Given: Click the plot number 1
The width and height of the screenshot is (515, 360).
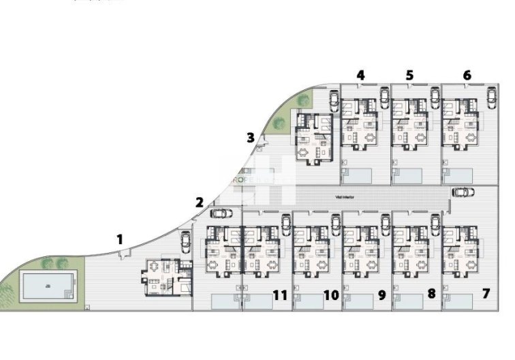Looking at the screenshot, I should (x=120, y=239).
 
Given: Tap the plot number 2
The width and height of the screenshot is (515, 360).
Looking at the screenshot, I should (x=199, y=202).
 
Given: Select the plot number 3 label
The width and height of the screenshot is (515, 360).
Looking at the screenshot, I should (x=251, y=138).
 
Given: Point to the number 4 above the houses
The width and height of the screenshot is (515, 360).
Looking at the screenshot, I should (x=360, y=75).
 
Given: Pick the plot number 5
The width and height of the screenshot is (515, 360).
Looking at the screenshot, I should (x=409, y=75).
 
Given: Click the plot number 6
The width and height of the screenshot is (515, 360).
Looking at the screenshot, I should (x=467, y=75).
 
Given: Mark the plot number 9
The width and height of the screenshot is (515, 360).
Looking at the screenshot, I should (x=381, y=295).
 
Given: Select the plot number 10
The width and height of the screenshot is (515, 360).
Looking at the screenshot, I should (x=331, y=295).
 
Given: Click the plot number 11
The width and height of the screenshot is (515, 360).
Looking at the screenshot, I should (x=279, y=295).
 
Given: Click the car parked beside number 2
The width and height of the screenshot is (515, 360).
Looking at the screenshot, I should (x=222, y=213).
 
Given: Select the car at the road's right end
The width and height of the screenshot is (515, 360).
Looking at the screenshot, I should (x=464, y=192).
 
